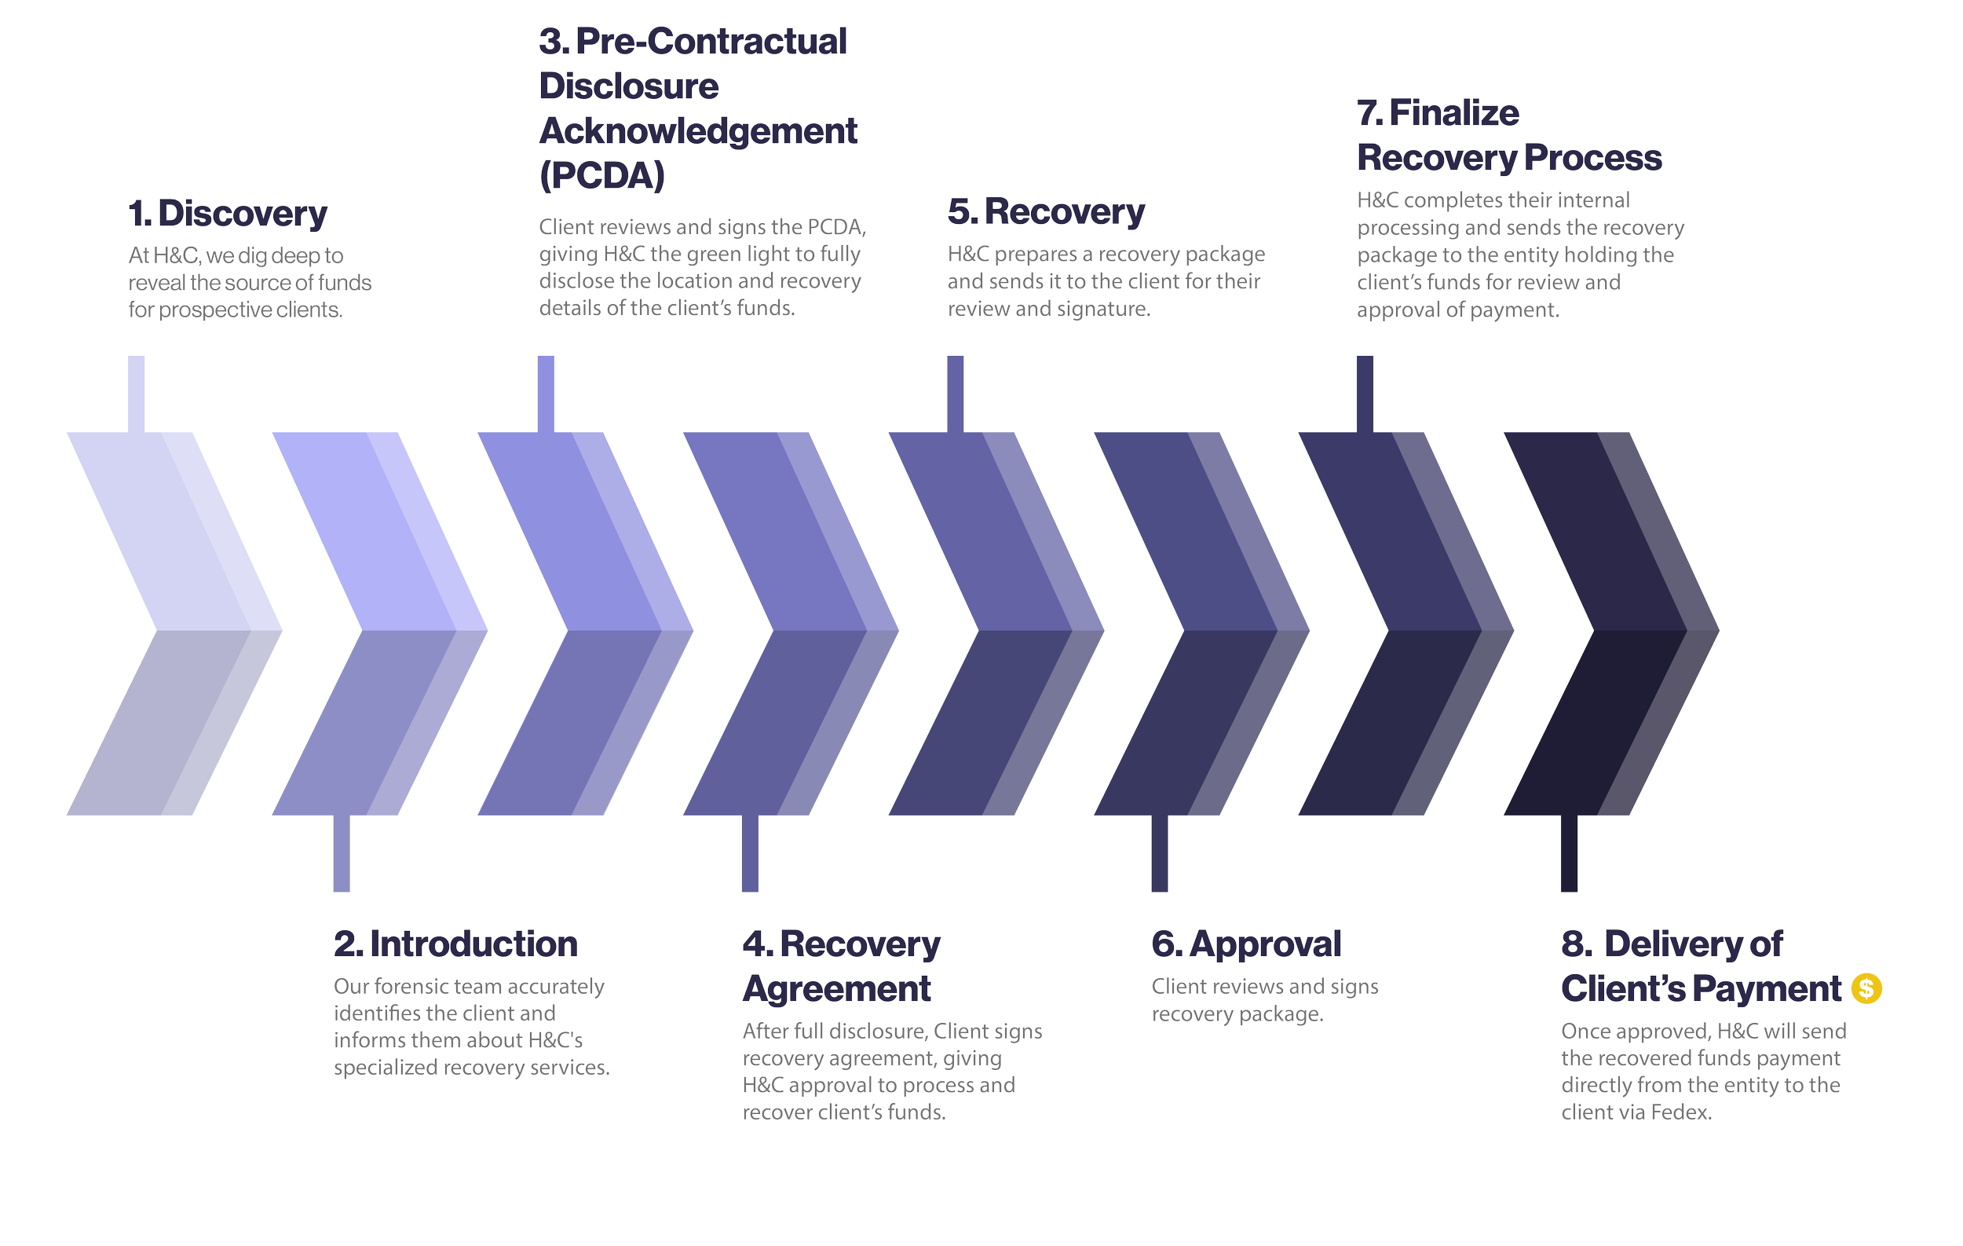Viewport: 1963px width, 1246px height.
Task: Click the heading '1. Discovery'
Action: click(228, 214)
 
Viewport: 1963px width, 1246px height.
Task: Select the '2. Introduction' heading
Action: click(455, 944)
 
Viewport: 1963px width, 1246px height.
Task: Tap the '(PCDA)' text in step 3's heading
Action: click(601, 175)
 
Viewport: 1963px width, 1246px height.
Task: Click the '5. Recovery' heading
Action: click(1046, 212)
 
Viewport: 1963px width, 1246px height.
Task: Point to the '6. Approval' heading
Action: click(1245, 944)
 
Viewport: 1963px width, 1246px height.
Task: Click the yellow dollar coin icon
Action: click(1866, 988)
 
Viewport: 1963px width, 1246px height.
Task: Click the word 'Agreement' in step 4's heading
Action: click(836, 989)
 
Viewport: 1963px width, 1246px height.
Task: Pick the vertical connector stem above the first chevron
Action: click(136, 394)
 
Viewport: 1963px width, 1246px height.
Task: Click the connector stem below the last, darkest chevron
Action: click(1569, 853)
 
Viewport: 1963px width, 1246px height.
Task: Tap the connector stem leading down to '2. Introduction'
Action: click(342, 853)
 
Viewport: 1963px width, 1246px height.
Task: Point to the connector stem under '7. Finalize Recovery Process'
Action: click(1365, 394)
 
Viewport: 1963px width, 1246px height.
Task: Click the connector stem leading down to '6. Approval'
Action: click(1159, 853)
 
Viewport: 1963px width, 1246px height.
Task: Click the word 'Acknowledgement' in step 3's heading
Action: click(698, 131)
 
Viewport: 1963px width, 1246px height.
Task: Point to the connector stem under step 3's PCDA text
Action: click(546, 394)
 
